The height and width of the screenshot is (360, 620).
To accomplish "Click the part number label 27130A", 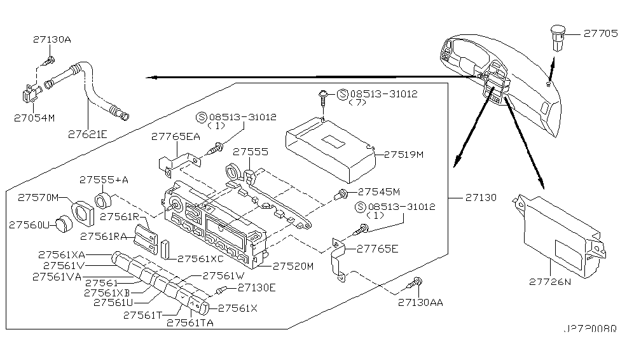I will point(52,39).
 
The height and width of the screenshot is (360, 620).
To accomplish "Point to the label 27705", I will point(596,35).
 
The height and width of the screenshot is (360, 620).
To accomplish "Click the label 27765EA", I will point(174,136).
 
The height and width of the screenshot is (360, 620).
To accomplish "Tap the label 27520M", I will point(293,266).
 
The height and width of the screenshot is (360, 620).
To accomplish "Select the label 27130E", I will point(256,287).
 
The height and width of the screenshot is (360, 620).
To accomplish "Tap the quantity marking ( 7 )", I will point(360,104).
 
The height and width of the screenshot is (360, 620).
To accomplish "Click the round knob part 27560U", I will point(62,224).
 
